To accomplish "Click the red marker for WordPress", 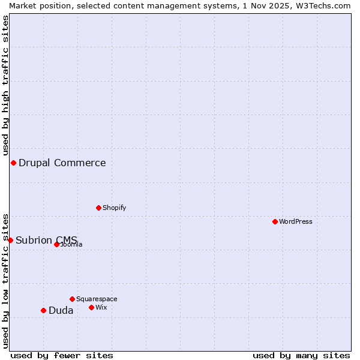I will coord(275,221).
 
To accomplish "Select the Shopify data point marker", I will coord(98,208).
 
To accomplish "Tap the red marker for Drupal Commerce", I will coord(13,163).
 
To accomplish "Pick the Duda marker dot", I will coord(43,310).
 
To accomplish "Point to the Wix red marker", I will coord(91,307).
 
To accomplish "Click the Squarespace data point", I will coord(72,299).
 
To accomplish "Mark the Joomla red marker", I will coord(56,244).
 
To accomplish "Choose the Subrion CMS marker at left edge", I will coord(10,240).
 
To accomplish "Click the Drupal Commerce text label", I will coord(62,163).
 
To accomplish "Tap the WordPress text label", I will coord(296,221).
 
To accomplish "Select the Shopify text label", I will coord(115,208).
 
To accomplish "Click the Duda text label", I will coord(61,310).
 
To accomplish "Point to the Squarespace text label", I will coord(97,299).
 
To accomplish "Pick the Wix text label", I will coord(101,307).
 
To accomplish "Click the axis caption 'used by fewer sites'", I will coord(62,355).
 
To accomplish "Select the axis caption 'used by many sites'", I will coord(301,355).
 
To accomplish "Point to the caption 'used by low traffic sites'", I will coord(5,280).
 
